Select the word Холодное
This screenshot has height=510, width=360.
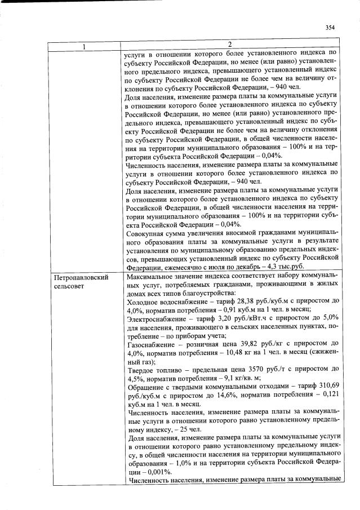pyautogui.click(x=143, y=301)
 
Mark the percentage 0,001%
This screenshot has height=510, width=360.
pyautogui.click(x=162, y=470)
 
